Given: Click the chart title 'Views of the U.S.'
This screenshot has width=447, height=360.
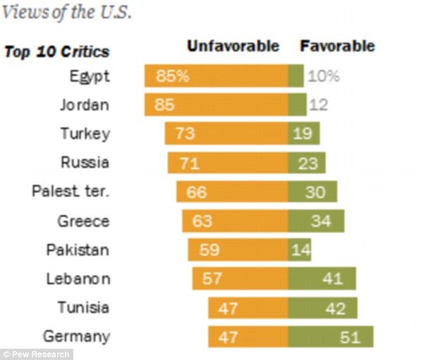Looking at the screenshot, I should pos(66,13).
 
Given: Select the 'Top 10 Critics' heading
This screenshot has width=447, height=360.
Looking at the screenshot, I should pos(57,51).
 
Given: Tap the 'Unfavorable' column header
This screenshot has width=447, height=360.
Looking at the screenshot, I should pos(233,46).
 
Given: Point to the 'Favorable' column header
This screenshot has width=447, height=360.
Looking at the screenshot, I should pos(338,46).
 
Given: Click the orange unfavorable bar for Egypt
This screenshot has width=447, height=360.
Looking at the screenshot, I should pos(216,76).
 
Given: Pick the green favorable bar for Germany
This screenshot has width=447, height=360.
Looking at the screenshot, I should pos(330,337).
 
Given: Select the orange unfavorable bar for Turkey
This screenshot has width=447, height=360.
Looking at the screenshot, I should pos(226,134).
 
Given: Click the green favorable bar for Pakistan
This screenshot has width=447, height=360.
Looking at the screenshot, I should pos(299,250).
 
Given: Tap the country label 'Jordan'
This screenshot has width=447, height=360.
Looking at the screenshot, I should pos(84,105).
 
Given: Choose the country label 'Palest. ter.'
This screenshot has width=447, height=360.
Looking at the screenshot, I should pos(71,192).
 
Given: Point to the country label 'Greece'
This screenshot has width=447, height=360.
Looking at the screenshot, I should pos(83,221).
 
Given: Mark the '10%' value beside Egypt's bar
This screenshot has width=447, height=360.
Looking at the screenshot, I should pos(323,76).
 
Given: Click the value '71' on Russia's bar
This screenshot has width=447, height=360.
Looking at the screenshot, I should pos(190,163).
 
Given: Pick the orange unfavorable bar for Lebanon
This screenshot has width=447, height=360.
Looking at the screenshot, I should pos(240,279).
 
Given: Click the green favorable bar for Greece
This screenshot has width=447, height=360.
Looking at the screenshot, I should pos(316,221).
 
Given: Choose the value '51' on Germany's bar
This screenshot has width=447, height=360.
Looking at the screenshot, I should pos(350,337).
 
